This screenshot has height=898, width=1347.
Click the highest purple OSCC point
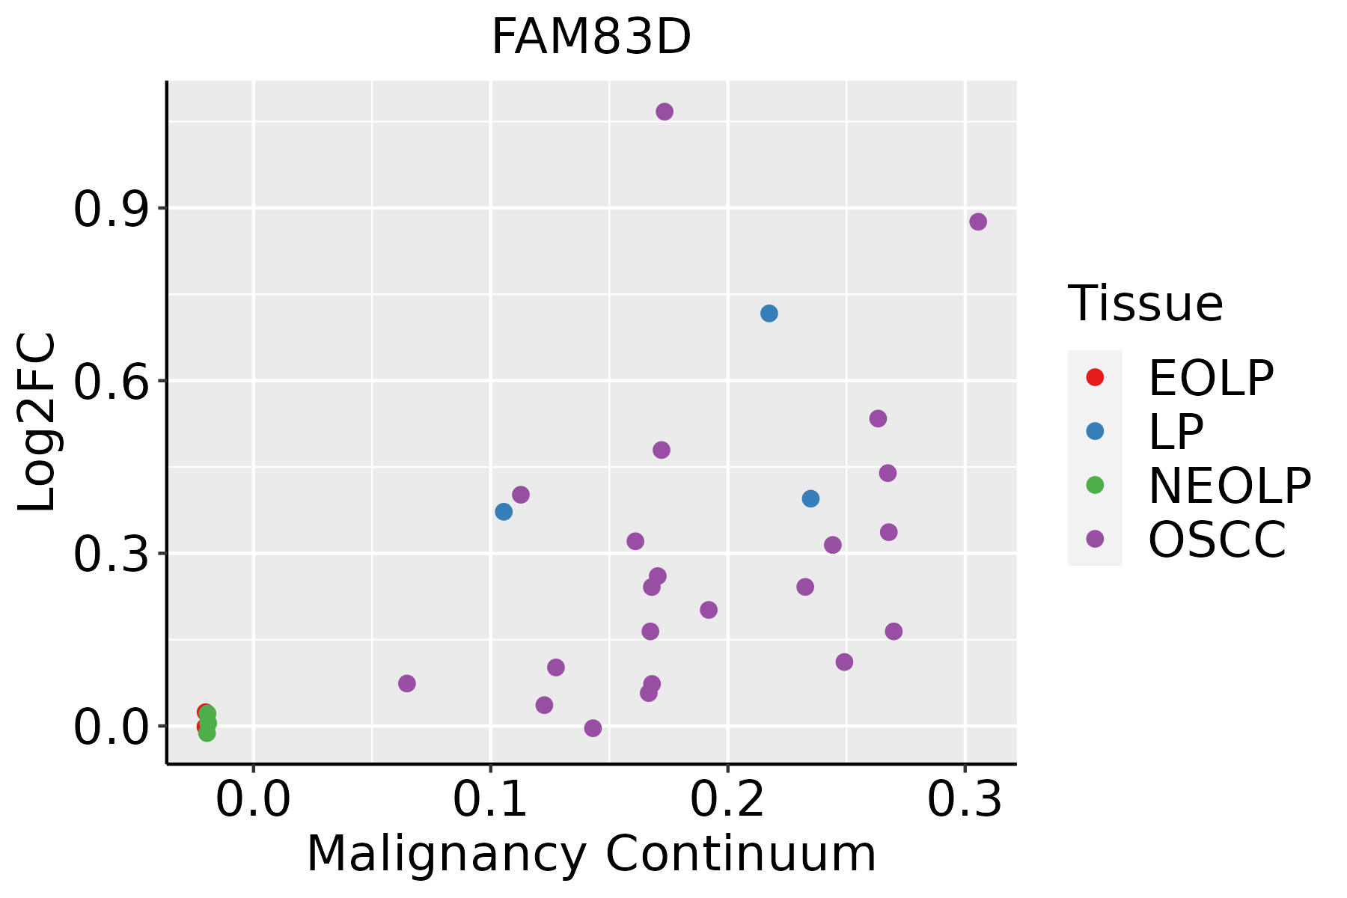click(665, 112)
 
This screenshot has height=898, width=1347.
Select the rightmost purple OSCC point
click(978, 222)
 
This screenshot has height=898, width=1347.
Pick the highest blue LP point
click(769, 314)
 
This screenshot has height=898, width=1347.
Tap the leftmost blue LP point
click(504, 512)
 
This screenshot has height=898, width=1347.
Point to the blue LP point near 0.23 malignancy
click(810, 498)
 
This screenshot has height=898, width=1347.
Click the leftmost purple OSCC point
click(407, 683)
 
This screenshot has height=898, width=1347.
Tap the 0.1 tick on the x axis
click(490, 800)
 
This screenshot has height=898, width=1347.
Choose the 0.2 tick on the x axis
click(727, 800)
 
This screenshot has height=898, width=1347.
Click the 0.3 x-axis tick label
click(965, 800)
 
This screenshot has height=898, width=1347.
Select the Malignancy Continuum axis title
click(591, 854)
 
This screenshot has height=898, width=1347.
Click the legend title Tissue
click(1146, 305)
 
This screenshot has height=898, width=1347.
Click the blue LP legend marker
click(1095, 431)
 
